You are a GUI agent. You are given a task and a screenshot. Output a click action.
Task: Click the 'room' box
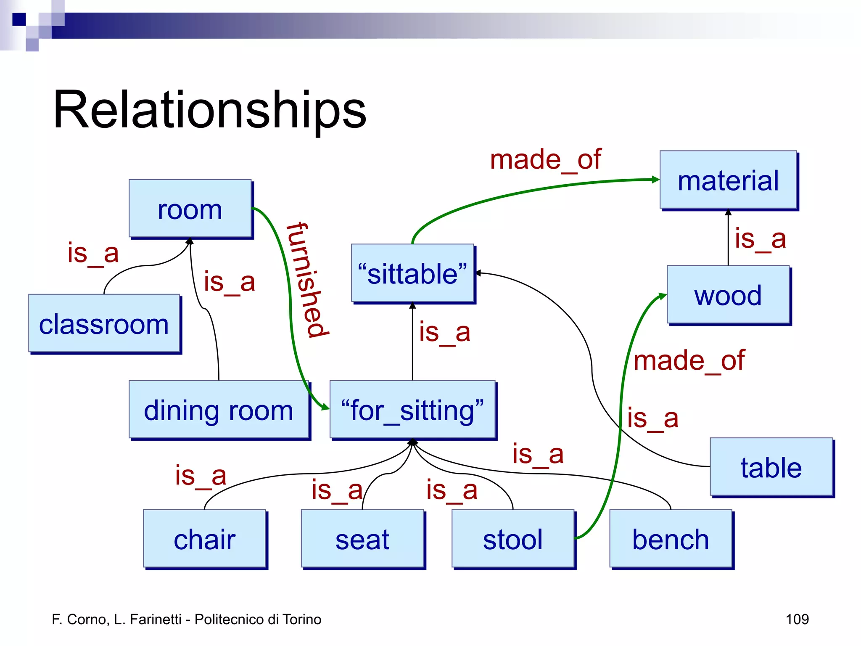pyautogui.click(x=190, y=209)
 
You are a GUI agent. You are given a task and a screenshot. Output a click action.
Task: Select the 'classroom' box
pyautogui.click(x=104, y=323)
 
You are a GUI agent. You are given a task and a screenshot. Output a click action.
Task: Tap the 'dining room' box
pyautogui.click(x=219, y=410)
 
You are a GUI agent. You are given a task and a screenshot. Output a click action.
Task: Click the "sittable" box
pyautogui.click(x=412, y=273)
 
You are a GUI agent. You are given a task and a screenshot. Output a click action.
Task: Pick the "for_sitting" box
pyautogui.click(x=412, y=410)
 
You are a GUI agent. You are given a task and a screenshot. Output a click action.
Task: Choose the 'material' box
pyautogui.click(x=728, y=180)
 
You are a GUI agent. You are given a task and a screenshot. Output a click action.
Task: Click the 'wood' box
pyautogui.click(x=728, y=295)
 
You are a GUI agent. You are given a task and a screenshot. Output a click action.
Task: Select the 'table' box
pyautogui.click(x=771, y=467)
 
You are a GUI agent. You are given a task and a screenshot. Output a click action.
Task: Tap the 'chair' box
pyautogui.click(x=205, y=539)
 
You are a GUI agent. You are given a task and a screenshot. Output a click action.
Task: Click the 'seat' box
pyautogui.click(x=362, y=539)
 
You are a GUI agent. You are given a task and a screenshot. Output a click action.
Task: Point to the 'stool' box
pyautogui.click(x=513, y=539)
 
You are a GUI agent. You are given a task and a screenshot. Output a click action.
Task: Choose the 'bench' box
pyautogui.click(x=671, y=539)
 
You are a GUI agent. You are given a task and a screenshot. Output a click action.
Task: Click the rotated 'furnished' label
pyautogui.click(x=308, y=280)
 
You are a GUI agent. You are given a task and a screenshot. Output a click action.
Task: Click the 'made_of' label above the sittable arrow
pyautogui.click(x=545, y=160)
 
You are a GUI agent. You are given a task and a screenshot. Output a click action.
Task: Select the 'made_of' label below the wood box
pyautogui.click(x=689, y=361)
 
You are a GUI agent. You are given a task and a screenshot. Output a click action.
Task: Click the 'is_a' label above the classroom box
pyautogui.click(x=93, y=253)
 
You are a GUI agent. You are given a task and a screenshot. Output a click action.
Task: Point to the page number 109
pyautogui.click(x=797, y=619)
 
